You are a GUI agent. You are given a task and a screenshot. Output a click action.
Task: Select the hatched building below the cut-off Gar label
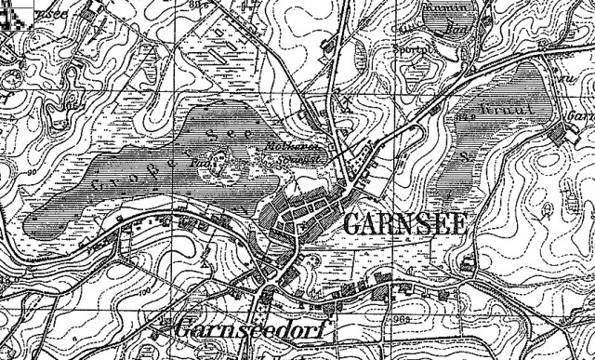559,136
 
